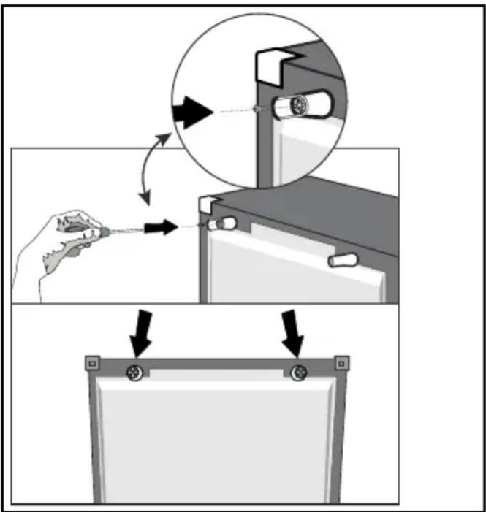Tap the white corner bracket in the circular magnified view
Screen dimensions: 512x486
271,65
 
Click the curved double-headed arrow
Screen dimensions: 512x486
154,167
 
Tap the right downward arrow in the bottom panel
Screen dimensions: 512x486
293,330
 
